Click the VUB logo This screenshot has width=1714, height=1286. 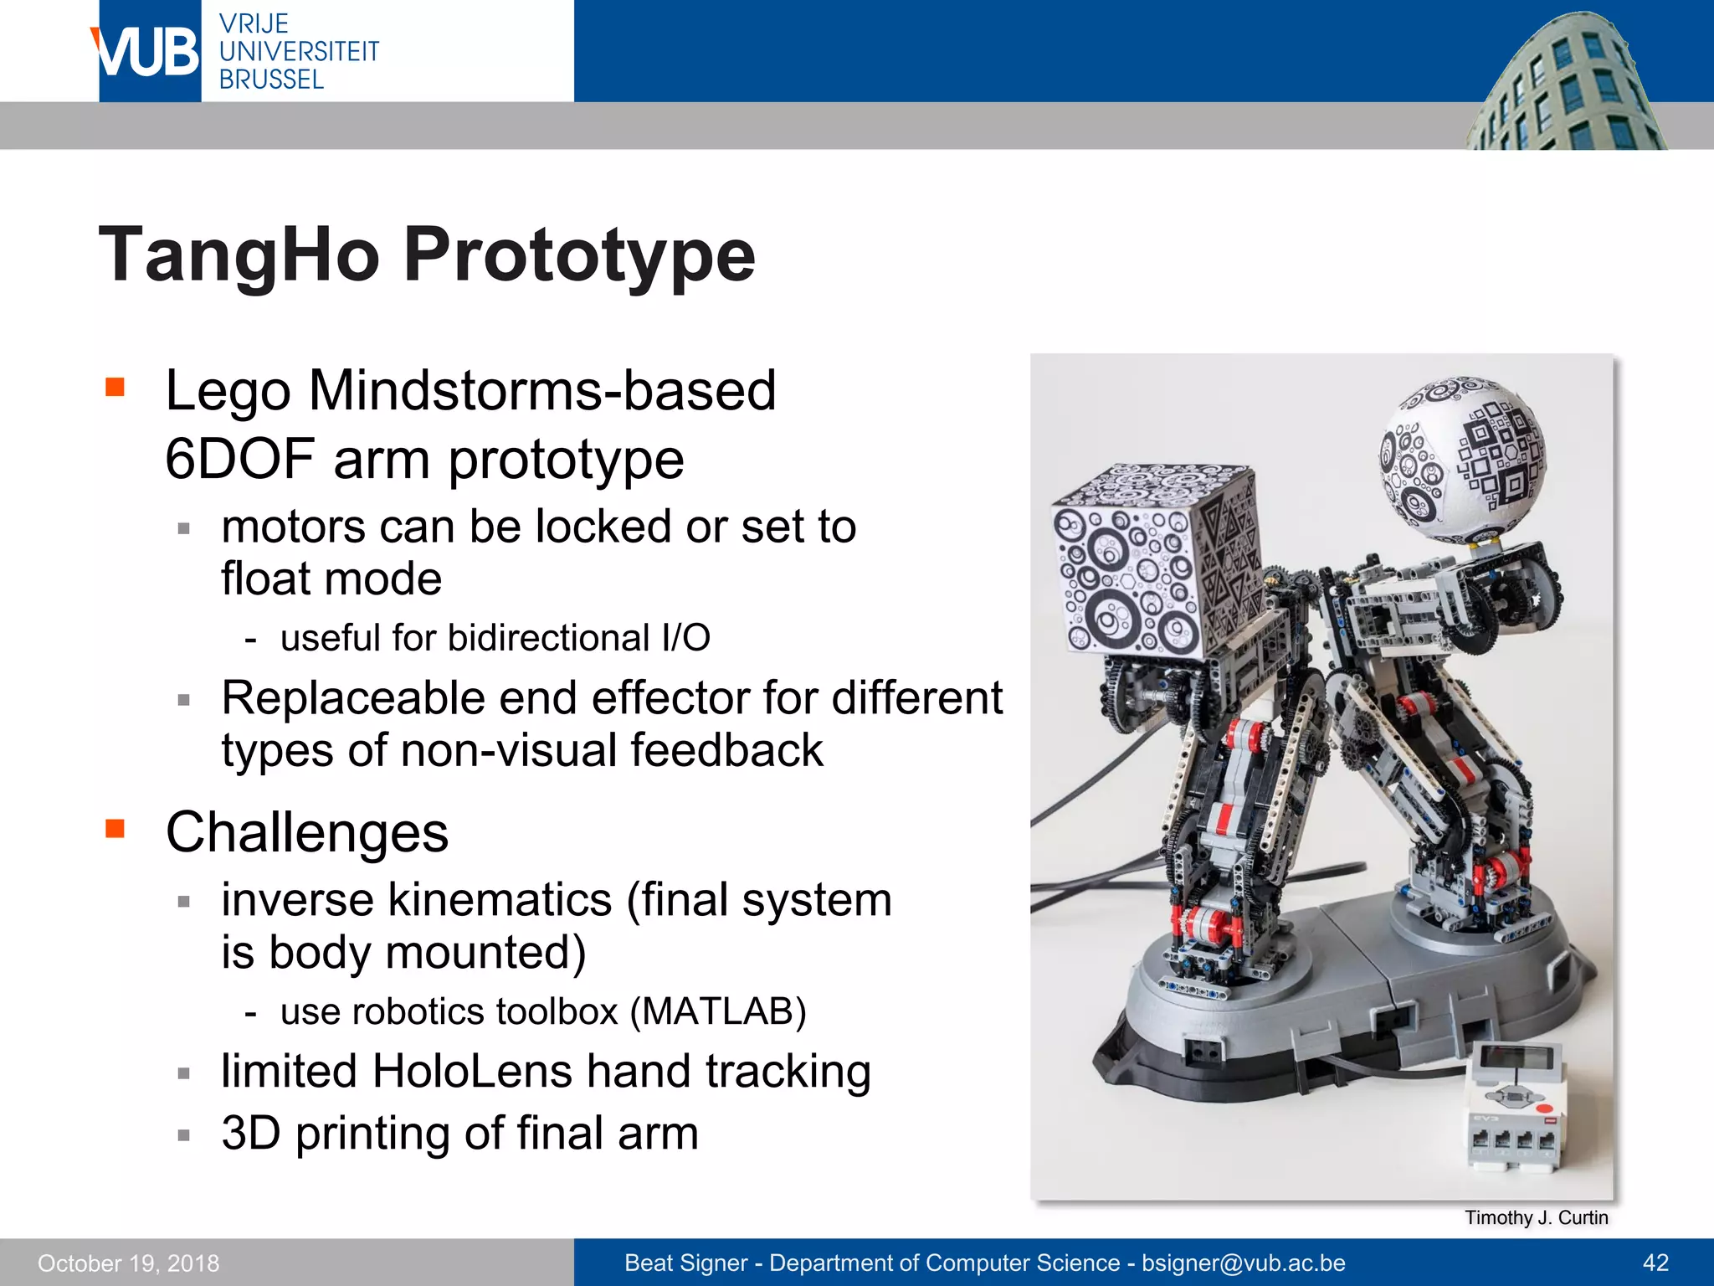[149, 52]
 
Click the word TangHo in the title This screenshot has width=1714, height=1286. [239, 255]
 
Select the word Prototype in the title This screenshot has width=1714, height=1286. [579, 255]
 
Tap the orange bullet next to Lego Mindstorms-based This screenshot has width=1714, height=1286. [115, 388]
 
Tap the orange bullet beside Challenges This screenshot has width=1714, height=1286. [115, 829]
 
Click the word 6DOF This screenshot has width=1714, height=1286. [239, 460]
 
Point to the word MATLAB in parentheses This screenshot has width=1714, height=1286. [717, 1011]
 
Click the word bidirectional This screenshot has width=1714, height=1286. [548, 639]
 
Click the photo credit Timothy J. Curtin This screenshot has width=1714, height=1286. [1536, 1217]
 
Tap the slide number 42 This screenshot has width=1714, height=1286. [1655, 1263]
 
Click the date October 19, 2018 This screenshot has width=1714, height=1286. [128, 1263]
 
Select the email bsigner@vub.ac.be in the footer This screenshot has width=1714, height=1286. [1243, 1263]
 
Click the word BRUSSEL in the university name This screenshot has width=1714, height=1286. [271, 80]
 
